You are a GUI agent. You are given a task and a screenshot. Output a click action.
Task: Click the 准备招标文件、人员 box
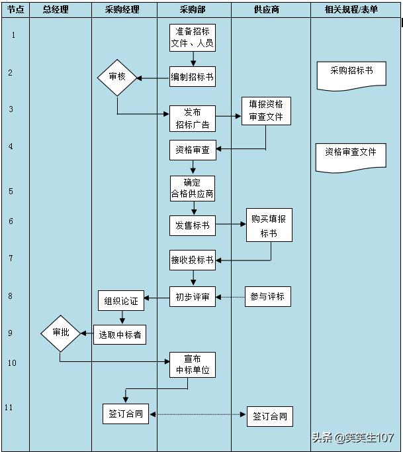click(x=193, y=38)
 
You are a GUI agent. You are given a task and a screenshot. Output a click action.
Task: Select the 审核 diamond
click(x=117, y=78)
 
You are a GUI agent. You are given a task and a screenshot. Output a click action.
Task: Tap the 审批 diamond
click(x=60, y=333)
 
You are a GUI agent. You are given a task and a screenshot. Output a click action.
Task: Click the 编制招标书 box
click(x=193, y=77)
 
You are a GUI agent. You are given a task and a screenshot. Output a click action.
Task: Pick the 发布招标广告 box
click(x=193, y=119)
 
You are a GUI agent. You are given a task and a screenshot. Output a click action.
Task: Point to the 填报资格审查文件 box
click(x=266, y=111)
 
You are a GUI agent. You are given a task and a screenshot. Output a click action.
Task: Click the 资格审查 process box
click(x=193, y=150)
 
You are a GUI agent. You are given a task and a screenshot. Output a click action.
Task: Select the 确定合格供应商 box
click(x=193, y=188)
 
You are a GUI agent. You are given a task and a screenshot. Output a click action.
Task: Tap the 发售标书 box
click(x=193, y=225)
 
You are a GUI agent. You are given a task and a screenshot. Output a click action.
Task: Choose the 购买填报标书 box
click(x=269, y=225)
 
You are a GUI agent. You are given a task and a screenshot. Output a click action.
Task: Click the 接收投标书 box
click(x=193, y=260)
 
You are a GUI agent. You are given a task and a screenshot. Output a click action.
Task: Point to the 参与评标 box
click(x=268, y=296)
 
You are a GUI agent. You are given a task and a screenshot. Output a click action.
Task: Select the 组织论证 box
click(x=121, y=300)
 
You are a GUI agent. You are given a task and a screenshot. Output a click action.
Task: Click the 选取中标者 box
click(x=120, y=335)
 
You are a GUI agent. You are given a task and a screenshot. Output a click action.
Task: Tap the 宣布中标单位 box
click(x=193, y=365)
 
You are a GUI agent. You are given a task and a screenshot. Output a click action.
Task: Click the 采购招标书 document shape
click(x=351, y=76)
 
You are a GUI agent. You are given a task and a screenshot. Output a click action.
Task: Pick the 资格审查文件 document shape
click(x=351, y=158)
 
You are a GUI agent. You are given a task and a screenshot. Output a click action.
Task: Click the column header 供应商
click(x=267, y=9)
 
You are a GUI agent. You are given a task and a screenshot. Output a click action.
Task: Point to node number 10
click(x=12, y=363)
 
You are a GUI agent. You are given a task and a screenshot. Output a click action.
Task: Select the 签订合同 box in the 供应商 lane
click(x=270, y=416)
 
